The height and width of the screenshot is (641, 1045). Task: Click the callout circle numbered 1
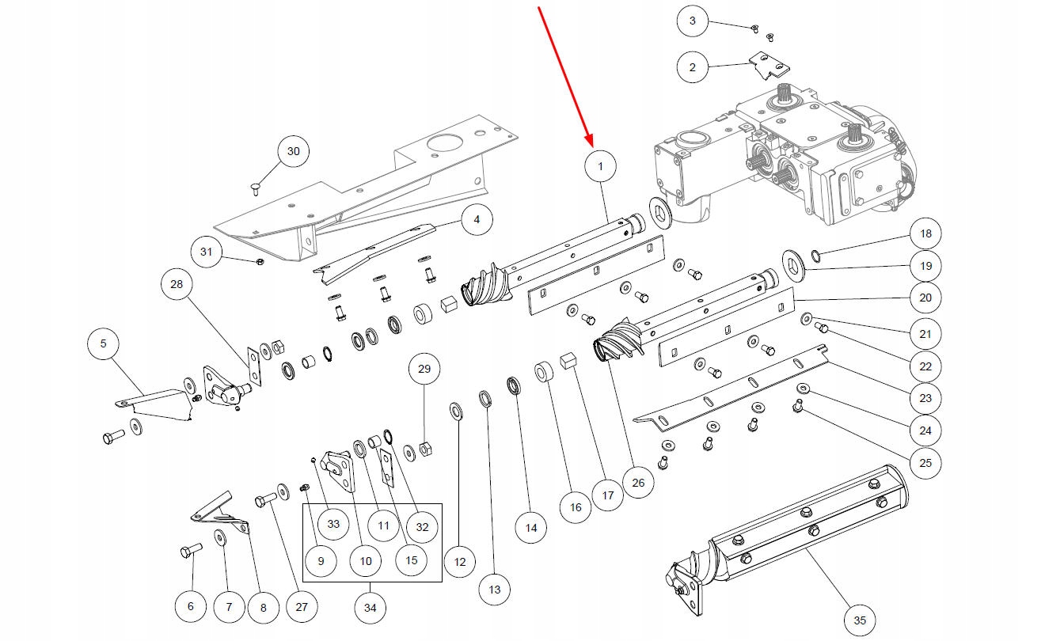[x=601, y=166]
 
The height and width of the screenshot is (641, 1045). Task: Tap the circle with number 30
[x=293, y=152]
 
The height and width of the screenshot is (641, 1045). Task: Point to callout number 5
[x=103, y=344]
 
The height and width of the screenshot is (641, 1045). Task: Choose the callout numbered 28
[x=177, y=286]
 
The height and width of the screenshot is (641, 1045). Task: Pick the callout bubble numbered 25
[x=925, y=463]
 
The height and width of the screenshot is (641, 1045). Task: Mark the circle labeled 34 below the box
[x=370, y=608]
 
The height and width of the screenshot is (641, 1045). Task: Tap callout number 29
[x=424, y=370]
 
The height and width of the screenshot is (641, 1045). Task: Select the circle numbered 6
[x=190, y=607]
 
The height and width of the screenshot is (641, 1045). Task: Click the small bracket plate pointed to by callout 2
[x=765, y=66]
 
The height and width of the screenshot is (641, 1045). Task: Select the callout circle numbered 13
[x=495, y=590]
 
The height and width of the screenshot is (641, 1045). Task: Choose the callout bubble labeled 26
[x=639, y=482]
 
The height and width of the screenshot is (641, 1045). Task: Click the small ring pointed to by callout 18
[x=815, y=255]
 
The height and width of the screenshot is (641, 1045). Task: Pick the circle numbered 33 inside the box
[x=333, y=524]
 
